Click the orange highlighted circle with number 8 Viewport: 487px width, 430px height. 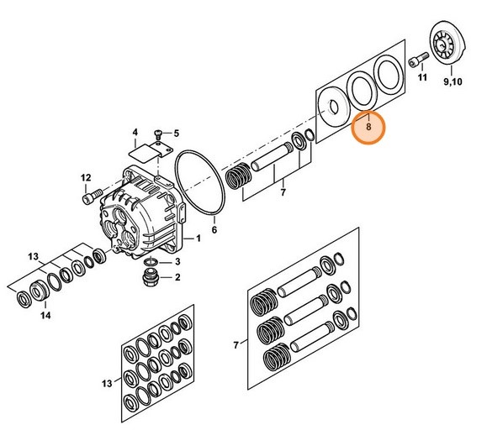[368, 128]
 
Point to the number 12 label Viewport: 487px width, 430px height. [85, 177]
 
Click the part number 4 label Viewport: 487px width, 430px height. [133, 133]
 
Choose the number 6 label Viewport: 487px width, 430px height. [214, 229]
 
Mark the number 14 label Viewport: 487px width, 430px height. [45, 316]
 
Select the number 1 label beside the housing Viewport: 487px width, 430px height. [199, 239]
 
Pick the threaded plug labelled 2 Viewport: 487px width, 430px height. [149, 278]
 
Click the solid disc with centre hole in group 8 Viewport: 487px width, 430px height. [333, 107]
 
